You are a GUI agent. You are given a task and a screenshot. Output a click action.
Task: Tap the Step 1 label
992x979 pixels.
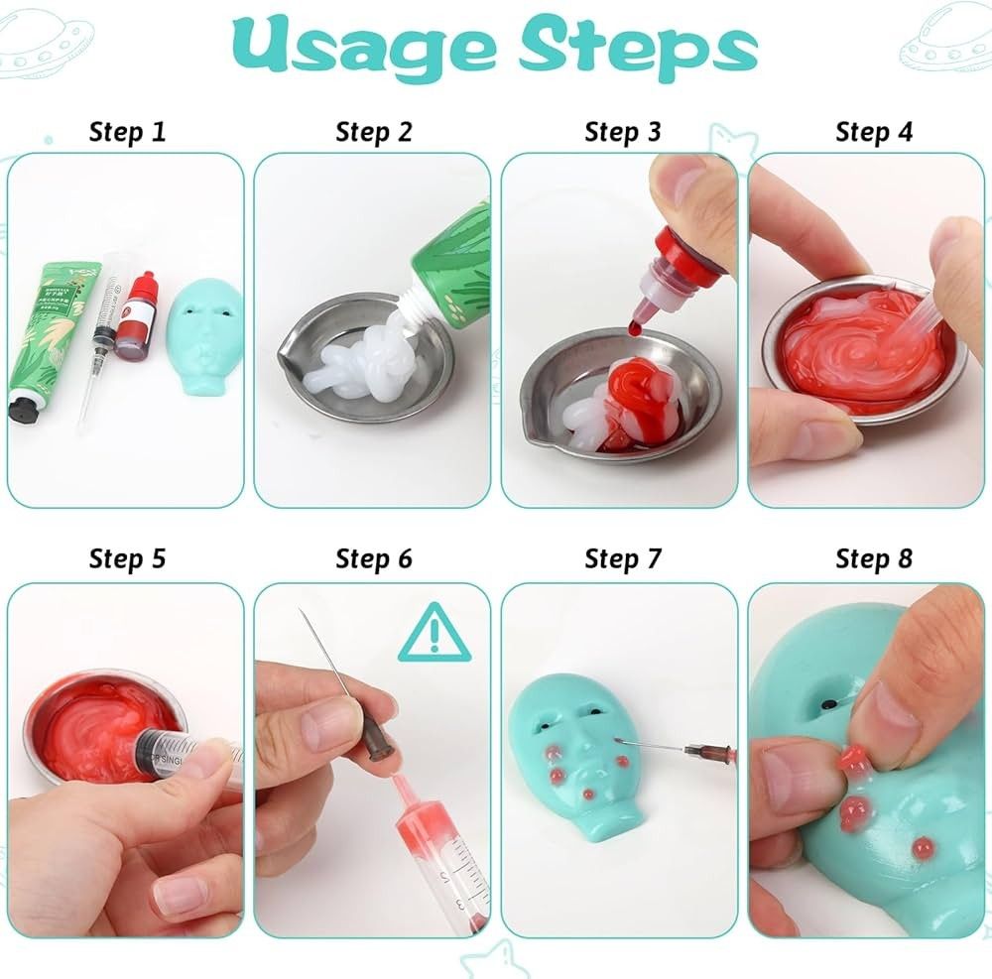point(127,132)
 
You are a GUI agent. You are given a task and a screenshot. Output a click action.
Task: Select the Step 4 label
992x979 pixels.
point(873,132)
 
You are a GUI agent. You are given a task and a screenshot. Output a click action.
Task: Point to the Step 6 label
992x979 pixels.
point(374,558)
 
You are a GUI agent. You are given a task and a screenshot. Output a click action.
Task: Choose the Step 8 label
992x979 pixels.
point(873,558)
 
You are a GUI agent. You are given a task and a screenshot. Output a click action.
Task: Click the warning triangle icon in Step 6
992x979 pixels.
point(433,634)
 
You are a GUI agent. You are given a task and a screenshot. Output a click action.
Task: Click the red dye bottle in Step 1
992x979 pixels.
point(130,317)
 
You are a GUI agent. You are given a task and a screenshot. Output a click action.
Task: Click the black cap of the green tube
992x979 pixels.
point(25,407)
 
